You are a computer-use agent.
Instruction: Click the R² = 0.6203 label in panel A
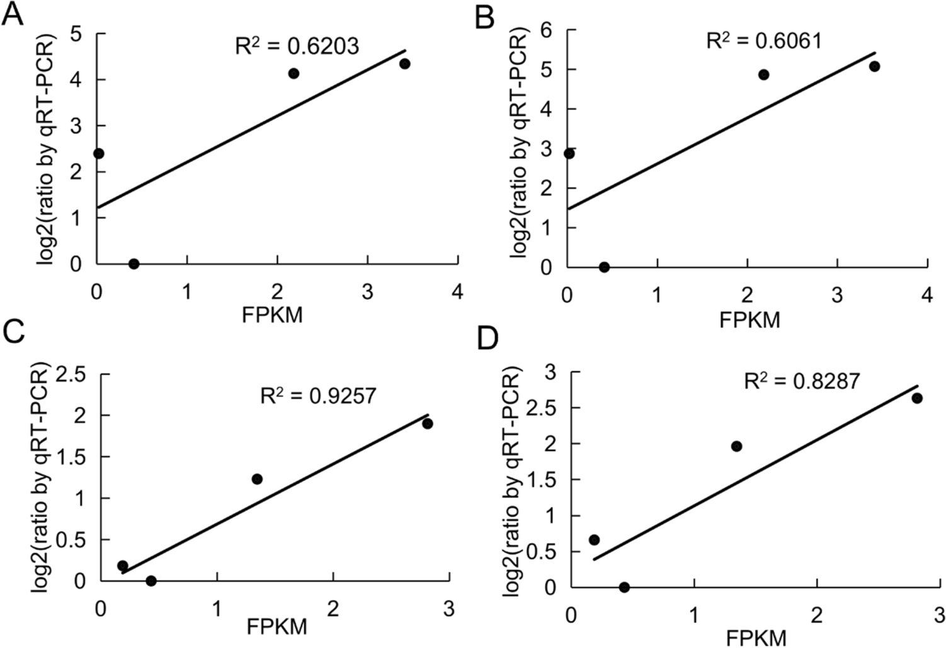coord(297,45)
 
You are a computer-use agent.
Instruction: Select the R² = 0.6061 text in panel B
coord(763,41)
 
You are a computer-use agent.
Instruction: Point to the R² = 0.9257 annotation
coord(318,395)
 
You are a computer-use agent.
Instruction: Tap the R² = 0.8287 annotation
coord(802,381)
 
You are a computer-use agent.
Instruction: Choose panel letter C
coord(14,348)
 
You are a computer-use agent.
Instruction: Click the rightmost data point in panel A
coord(404,64)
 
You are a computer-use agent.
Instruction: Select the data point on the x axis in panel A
coord(134,264)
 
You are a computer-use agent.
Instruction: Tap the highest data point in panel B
coord(874,67)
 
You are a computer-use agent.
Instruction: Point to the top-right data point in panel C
coord(428,423)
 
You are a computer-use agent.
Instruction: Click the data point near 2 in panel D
coord(736,446)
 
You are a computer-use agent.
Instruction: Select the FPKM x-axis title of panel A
coord(272,315)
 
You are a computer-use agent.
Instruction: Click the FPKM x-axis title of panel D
coord(756,637)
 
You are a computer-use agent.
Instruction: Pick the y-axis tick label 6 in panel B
coord(546,30)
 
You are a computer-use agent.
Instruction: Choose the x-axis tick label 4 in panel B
coord(926,295)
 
